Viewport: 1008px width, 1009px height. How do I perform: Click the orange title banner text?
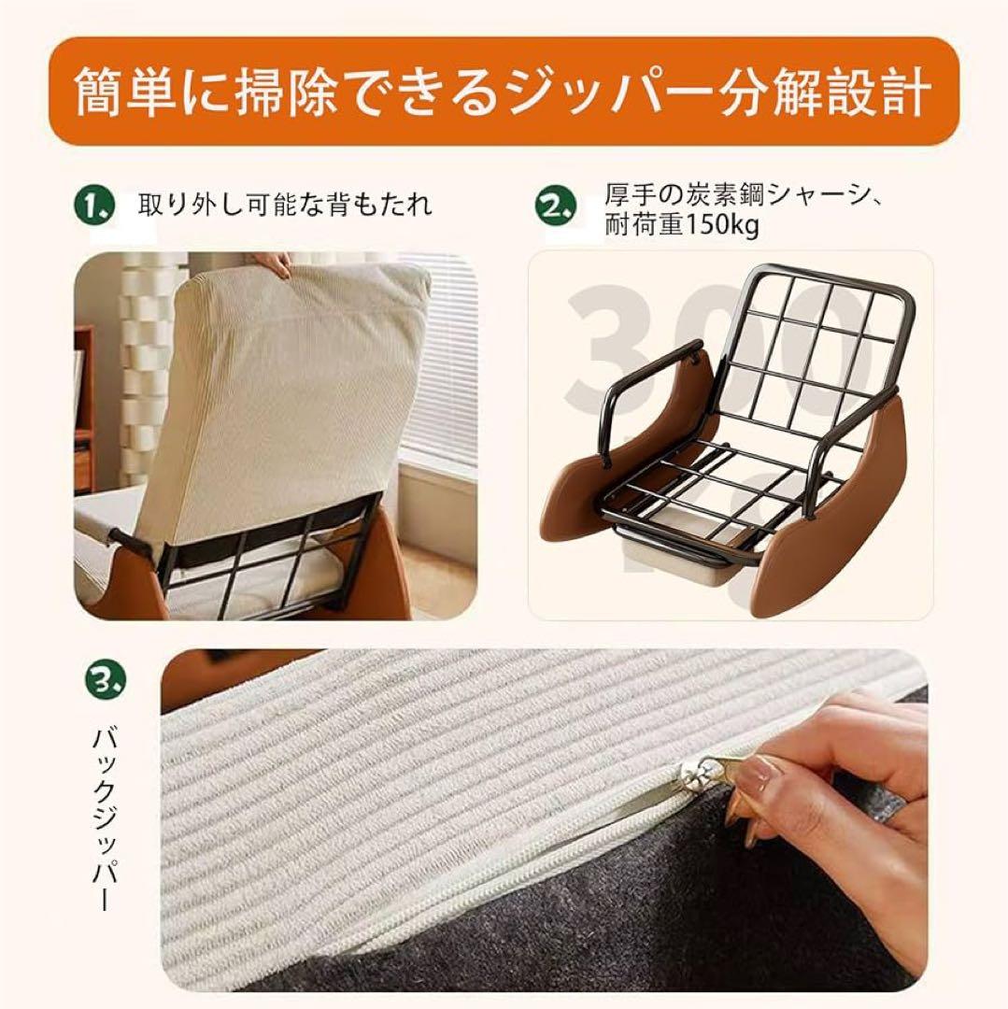click(504, 92)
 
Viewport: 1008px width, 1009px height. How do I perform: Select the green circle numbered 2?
click(555, 206)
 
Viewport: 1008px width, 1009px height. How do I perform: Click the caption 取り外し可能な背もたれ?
click(285, 205)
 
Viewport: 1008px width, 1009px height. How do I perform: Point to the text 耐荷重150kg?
click(681, 225)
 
